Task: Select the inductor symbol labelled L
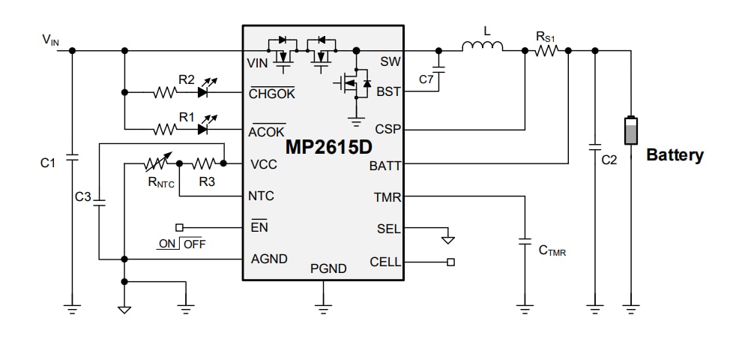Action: pyautogui.click(x=482, y=49)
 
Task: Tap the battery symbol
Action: pyautogui.click(x=631, y=131)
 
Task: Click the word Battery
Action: pyautogui.click(x=675, y=155)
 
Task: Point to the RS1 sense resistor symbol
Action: pyautogui.click(x=546, y=51)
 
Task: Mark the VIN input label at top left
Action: pyautogui.click(x=50, y=39)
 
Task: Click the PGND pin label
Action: pyautogui.click(x=328, y=268)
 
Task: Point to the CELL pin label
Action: pyautogui.click(x=385, y=262)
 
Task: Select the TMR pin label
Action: pyautogui.click(x=387, y=198)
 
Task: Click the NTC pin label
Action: pyautogui.click(x=261, y=196)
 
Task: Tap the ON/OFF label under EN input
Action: pyautogui.click(x=181, y=244)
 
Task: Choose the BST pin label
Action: pyautogui.click(x=388, y=91)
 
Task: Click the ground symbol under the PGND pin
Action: pyautogui.click(x=323, y=307)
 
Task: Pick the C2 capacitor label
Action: pyautogui.click(x=609, y=160)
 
